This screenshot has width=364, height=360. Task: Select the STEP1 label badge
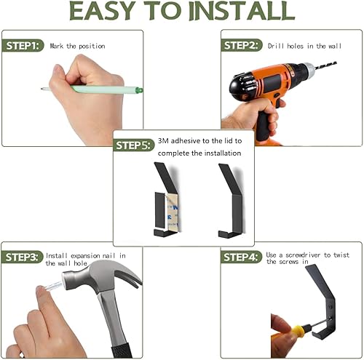point(24,46)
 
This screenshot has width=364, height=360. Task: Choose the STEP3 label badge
point(24,257)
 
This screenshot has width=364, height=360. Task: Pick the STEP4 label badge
point(243,257)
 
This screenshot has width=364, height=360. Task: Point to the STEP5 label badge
point(135,145)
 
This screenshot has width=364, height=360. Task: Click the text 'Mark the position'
point(77,46)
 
